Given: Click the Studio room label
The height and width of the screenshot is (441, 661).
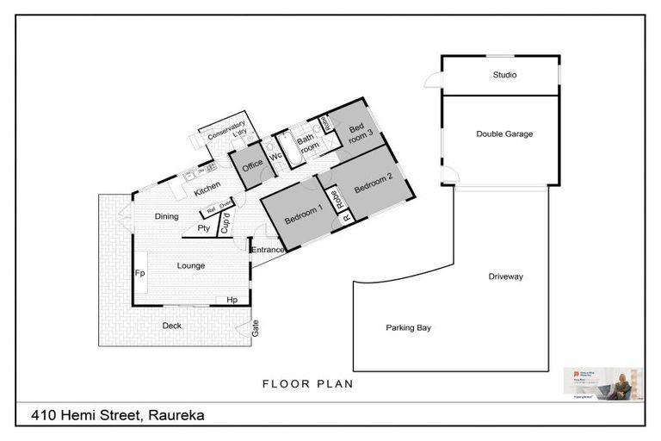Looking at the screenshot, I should (504, 75).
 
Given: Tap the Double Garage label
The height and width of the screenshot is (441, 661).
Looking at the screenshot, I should (504, 134).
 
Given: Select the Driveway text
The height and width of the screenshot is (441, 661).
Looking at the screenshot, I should (505, 276).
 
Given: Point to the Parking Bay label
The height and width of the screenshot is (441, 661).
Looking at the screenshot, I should (408, 327).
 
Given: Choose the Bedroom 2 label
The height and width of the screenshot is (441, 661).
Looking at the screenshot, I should (373, 182).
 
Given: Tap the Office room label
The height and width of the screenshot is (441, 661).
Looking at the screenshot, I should (252, 165).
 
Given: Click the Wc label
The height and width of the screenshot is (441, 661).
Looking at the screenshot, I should (275, 157).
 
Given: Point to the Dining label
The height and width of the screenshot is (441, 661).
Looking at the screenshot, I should (166, 216).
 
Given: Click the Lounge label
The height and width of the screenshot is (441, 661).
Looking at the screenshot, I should (190, 265).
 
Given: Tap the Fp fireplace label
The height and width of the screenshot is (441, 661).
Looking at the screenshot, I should (139, 273).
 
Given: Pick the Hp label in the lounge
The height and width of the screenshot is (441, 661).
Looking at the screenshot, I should (232, 300).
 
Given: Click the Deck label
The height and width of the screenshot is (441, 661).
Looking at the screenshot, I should (172, 325).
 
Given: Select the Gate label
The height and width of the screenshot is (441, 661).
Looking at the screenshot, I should (255, 327).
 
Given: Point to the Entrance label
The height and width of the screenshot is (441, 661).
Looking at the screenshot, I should (267, 250).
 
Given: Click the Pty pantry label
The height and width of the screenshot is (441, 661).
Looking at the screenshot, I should (204, 228).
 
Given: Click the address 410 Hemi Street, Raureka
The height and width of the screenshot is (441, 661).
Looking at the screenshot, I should (118, 414).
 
